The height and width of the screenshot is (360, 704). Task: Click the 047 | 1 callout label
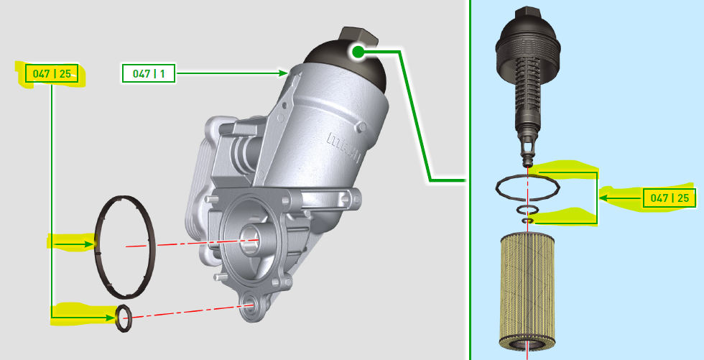click(x=149, y=73)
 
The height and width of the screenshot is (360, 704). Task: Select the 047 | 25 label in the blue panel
click(x=669, y=198)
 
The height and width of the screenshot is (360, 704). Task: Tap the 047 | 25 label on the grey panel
click(x=52, y=73)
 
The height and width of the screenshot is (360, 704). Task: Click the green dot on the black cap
click(x=358, y=52)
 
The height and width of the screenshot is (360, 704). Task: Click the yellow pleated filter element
click(x=527, y=292)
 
